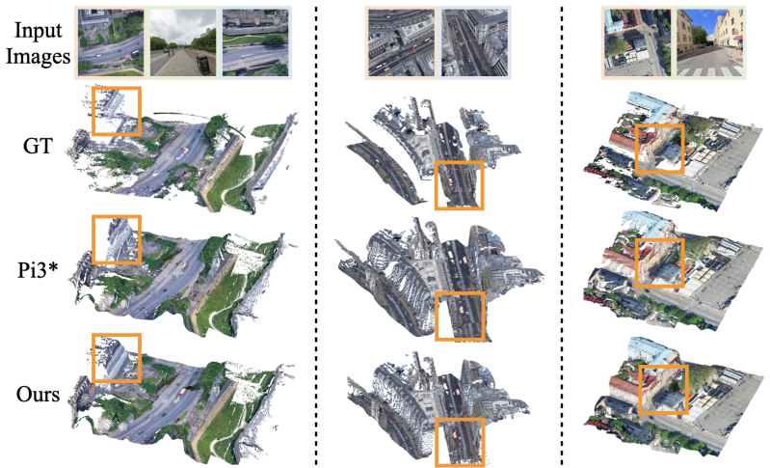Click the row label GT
pyautogui.click(x=38, y=145)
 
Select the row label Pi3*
pyautogui.click(x=39, y=269)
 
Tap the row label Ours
pyautogui.click(x=38, y=395)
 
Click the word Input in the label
pyautogui.click(x=39, y=30)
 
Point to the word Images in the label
pyautogui.click(x=39, y=56)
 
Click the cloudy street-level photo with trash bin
pyautogui.click(x=183, y=43)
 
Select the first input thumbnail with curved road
pyautogui.click(x=111, y=43)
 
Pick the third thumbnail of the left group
pyautogui.click(x=255, y=43)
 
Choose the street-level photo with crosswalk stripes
pyautogui.click(x=710, y=43)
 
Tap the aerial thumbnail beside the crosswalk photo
pyautogui.click(x=637, y=43)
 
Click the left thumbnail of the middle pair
pyautogui.click(x=401, y=43)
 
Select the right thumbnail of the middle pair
pyautogui.click(x=474, y=43)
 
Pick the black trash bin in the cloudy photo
pyautogui.click(x=202, y=65)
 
